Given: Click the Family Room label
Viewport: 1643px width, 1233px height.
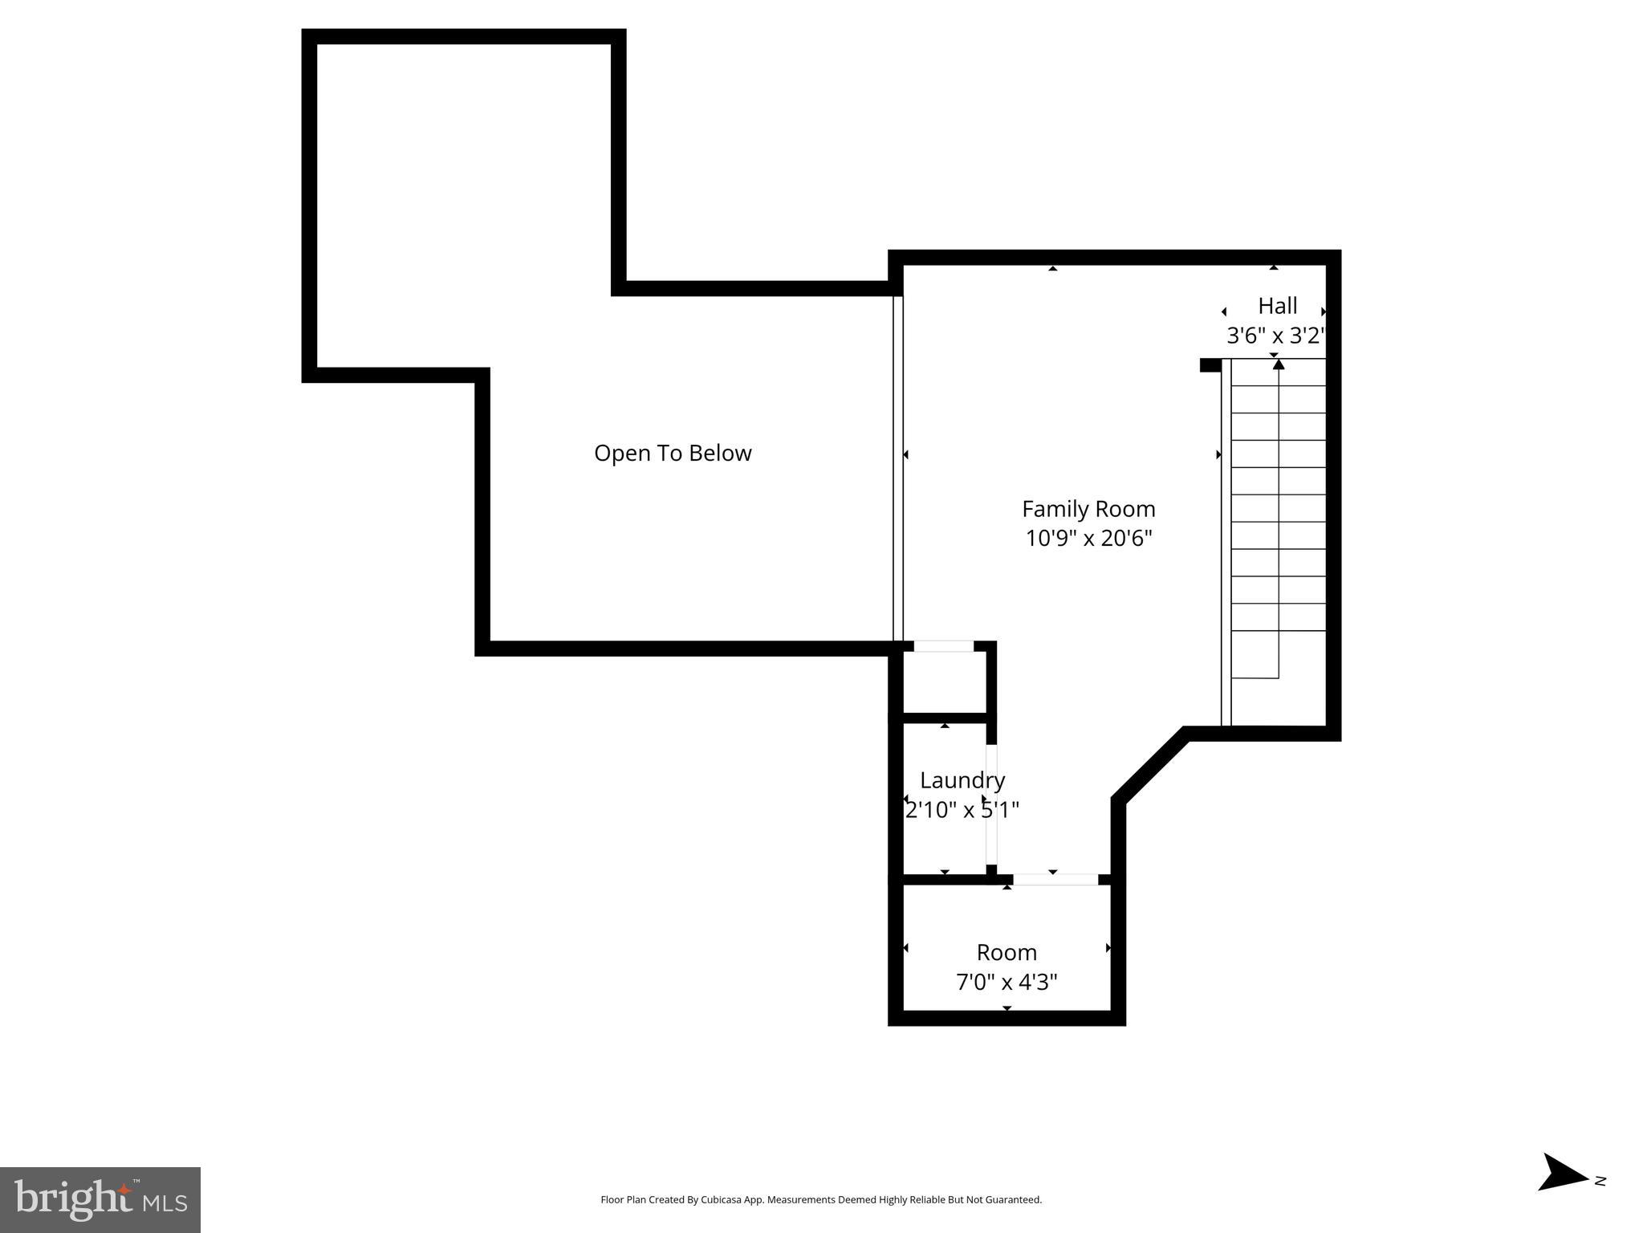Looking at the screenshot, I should (x=1088, y=509).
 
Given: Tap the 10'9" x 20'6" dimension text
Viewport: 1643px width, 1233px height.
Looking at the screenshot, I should (x=1088, y=538).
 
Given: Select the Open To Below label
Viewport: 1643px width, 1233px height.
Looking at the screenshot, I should (x=673, y=454).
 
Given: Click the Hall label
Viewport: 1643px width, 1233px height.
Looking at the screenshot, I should (x=1277, y=306).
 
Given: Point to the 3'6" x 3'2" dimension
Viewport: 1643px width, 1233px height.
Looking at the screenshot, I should (x=1275, y=336).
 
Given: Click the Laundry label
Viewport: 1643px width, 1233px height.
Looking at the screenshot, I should (x=962, y=780).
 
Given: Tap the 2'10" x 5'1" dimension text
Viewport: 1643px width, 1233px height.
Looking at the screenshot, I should (x=962, y=809).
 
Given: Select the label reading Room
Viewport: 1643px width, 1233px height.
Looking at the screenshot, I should (x=1007, y=953).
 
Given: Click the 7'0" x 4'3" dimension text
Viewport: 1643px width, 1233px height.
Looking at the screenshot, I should (x=1007, y=982).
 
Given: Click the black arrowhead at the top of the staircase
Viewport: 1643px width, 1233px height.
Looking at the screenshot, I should (x=1279, y=364).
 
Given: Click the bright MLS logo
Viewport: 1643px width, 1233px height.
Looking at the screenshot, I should (x=100, y=1199).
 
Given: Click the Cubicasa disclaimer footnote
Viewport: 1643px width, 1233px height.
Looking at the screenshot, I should (x=821, y=1199).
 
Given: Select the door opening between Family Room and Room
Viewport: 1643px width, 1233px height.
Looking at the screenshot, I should (x=1055, y=880).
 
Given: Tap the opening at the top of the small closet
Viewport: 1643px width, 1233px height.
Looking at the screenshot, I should (x=944, y=646).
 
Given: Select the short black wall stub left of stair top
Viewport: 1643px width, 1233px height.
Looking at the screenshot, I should (x=1210, y=365).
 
